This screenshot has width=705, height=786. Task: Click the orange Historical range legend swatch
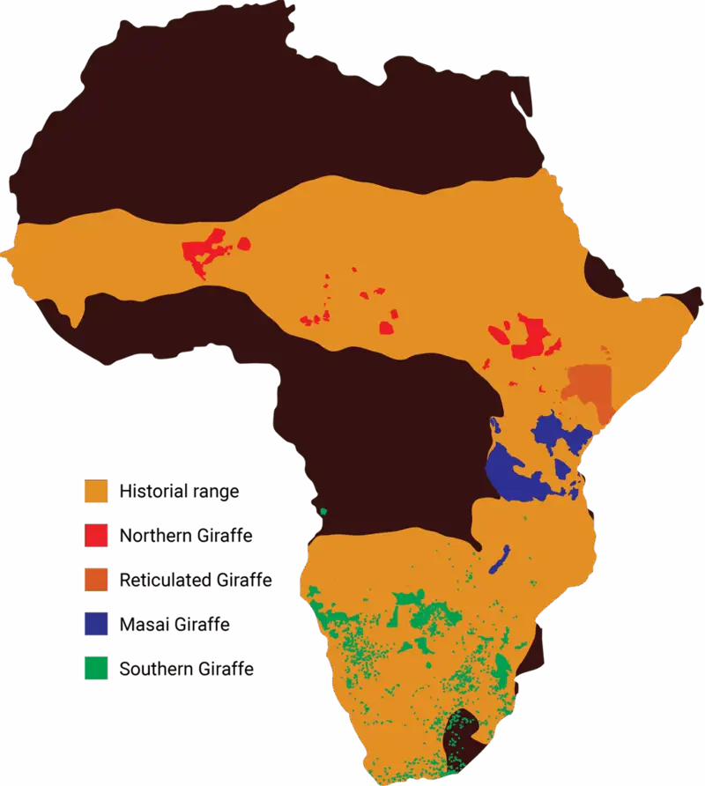click(x=95, y=491)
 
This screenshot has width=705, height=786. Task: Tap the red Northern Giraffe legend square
click(x=95, y=535)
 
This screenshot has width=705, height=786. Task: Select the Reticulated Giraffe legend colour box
click(x=95, y=580)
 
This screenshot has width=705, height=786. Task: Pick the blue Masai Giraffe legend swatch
click(x=95, y=624)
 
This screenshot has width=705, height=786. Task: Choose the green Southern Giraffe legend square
click(x=95, y=669)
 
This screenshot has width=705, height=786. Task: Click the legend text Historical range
click(x=179, y=492)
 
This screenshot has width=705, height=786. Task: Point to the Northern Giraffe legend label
click(x=186, y=536)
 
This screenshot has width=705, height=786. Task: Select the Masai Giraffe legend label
click(x=174, y=625)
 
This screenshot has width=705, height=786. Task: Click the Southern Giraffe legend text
click(x=187, y=670)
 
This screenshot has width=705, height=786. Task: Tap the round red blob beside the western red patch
click(x=241, y=242)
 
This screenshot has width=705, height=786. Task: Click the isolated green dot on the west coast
click(x=323, y=511)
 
